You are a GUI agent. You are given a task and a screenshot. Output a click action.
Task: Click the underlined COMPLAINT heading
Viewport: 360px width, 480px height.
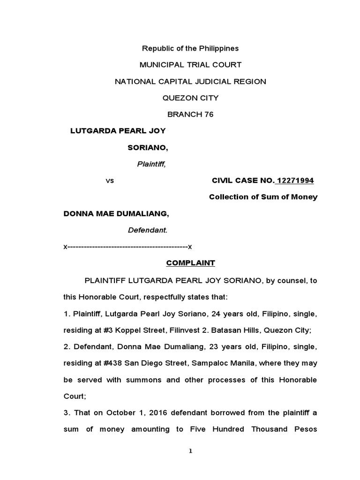point(190,263)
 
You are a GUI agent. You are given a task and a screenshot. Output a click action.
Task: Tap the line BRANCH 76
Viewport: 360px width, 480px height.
point(190,114)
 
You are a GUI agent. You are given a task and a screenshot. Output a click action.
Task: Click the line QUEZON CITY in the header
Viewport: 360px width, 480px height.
point(190,98)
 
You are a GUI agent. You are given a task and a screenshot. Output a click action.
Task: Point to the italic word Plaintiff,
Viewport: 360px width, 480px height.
point(151,164)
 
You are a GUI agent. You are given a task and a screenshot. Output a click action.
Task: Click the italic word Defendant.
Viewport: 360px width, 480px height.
point(148,230)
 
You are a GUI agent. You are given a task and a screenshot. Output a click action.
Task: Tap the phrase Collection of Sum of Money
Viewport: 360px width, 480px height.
point(263,197)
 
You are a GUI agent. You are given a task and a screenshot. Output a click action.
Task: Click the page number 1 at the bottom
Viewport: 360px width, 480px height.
point(190,451)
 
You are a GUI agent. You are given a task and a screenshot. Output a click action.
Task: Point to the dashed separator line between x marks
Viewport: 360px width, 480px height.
point(128,247)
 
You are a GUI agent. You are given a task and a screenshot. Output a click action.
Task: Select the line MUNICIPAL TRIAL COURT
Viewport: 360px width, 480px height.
point(190,65)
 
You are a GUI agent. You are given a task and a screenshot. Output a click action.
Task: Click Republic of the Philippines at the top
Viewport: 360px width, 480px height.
point(190,48)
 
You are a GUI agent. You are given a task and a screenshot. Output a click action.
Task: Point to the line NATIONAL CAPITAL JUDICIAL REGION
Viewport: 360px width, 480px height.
point(190,82)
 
